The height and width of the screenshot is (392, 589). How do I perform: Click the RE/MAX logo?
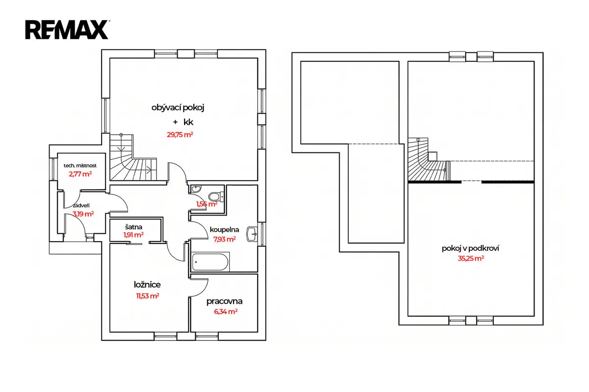tap(67, 30)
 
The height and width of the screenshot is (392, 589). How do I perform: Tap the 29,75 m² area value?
tap(180, 135)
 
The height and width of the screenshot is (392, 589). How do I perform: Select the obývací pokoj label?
tap(178, 108)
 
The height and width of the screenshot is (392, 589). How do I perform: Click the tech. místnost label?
tap(80, 166)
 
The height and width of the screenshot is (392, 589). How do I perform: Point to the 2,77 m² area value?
tap(80, 174)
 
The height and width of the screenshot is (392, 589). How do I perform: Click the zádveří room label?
tap(81, 206)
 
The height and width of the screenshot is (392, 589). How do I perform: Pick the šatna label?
tap(134, 227)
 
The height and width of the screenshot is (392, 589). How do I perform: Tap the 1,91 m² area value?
tap(134, 235)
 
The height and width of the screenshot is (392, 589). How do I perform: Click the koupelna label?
tap(224, 230)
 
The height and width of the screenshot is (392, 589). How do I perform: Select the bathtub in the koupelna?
tap(211, 262)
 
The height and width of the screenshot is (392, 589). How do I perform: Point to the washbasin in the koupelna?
tap(252, 234)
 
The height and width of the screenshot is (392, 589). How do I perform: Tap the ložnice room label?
tap(147, 285)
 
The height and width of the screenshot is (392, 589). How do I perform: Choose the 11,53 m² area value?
tap(148, 296)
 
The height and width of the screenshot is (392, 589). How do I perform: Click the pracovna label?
tap(224, 302)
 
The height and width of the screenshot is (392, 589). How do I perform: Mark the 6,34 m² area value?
tap(226, 312)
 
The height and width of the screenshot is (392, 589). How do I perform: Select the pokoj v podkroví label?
tap(470, 248)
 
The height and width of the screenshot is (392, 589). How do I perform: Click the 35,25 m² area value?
tap(471, 258)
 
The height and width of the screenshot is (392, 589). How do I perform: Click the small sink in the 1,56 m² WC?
tap(196, 189)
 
